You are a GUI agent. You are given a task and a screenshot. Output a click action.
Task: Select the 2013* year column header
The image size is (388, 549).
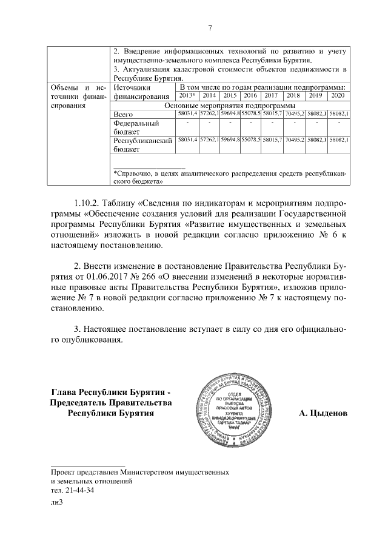pyautogui.click(x=186, y=96)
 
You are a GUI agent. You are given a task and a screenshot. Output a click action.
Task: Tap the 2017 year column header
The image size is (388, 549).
pyautogui.click(x=271, y=96)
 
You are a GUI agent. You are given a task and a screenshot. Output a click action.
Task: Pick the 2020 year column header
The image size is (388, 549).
pyautogui.click(x=338, y=96)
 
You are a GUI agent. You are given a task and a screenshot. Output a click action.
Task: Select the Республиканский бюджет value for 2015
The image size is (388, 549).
pyautogui.click(x=229, y=140)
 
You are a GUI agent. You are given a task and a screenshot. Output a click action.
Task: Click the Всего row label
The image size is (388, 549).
pyautogui.click(x=124, y=114)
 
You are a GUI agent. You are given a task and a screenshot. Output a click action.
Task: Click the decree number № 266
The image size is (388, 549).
pyautogui.click(x=181, y=277)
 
